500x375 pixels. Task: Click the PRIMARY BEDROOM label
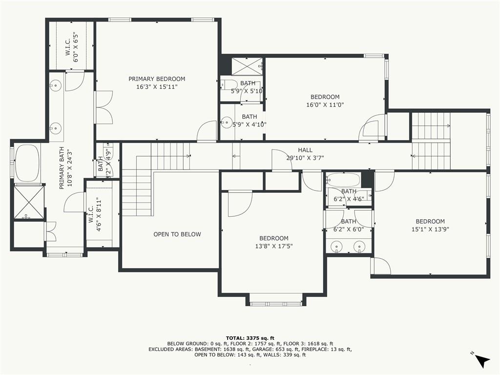(x=157, y=79)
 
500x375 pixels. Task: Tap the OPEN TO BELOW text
(x=177, y=234)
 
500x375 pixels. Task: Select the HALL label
(x=305, y=150)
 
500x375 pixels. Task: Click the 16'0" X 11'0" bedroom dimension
(x=325, y=104)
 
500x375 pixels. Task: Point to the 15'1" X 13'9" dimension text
(x=430, y=229)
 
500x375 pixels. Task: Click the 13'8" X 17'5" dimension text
(x=273, y=246)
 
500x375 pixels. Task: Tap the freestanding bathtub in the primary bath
(x=27, y=163)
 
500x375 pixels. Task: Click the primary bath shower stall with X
(x=29, y=202)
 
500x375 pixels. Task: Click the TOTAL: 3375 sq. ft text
(x=250, y=338)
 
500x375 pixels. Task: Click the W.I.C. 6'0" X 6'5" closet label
(x=72, y=47)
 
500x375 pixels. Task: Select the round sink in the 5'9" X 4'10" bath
(x=227, y=122)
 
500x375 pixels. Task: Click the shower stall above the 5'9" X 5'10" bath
(x=247, y=66)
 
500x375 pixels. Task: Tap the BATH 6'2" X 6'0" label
(x=349, y=225)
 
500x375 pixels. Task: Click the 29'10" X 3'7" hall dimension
(x=305, y=158)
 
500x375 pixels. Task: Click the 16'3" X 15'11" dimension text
(x=157, y=87)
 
